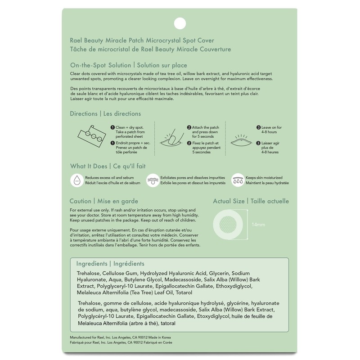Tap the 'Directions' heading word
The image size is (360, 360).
pos(83,113)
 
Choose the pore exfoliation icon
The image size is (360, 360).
pos(153,180)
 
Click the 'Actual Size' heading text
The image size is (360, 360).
pos(229,201)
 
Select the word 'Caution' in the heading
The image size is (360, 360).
pos(81,201)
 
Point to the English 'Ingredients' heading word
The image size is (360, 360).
pos(91,263)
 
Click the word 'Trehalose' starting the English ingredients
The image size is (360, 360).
pos(88,273)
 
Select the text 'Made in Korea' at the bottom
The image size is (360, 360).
pos(159,337)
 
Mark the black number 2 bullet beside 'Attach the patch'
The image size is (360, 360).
pos(189,128)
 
